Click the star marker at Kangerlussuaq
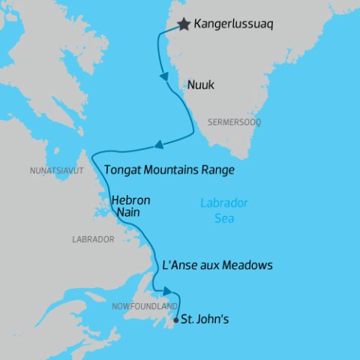(183, 25)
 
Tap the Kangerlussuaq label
(233, 25)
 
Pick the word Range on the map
(219, 171)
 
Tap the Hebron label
(130, 200)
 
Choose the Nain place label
(126, 213)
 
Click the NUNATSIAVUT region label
(56, 171)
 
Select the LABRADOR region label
(93, 240)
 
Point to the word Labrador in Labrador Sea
(223, 204)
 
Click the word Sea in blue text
(223, 218)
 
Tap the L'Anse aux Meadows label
(217, 265)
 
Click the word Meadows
(250, 265)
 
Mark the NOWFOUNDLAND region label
(145, 307)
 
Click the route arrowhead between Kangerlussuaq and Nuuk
(163, 77)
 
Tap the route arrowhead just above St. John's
(168, 291)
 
